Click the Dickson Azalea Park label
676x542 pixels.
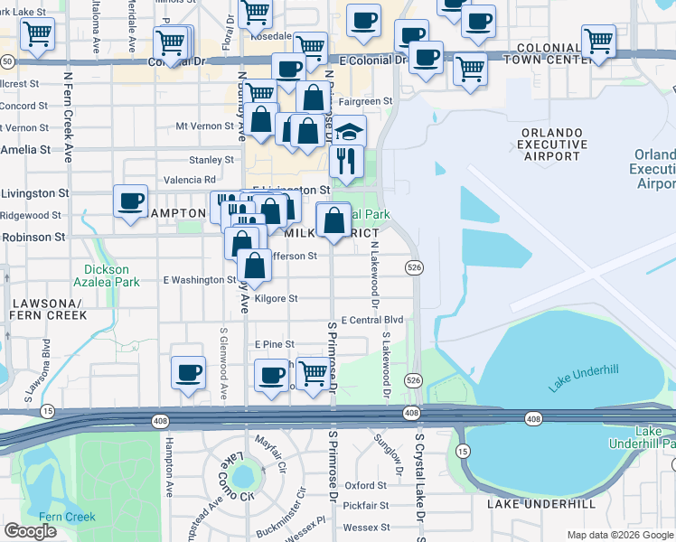point(112,276)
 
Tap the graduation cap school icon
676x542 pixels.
point(348,133)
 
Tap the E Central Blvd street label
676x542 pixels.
point(371,320)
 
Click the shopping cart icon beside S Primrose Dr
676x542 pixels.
point(313,371)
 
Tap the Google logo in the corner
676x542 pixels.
point(30,531)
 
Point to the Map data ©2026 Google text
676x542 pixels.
point(620,535)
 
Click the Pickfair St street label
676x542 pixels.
point(365,506)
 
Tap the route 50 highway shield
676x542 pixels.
point(7,61)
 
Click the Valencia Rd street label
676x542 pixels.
point(190,180)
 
